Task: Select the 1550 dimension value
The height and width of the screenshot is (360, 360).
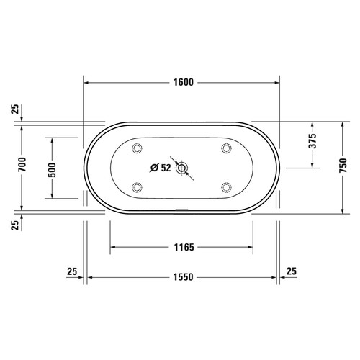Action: click(x=181, y=277)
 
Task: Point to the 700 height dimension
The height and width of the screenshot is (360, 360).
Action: click(x=22, y=165)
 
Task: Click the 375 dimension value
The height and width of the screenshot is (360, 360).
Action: click(x=312, y=142)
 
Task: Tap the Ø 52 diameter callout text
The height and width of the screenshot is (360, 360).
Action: click(x=160, y=168)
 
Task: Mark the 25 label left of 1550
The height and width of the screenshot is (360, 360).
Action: click(x=71, y=271)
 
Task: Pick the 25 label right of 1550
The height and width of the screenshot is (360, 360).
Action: click(x=291, y=271)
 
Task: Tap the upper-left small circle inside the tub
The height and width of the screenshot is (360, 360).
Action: click(x=137, y=149)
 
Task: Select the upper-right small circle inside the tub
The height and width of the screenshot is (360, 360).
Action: click(x=227, y=149)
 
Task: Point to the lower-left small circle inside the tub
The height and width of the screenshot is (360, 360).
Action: click(x=137, y=189)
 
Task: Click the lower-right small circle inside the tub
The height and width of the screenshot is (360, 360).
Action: click(x=227, y=189)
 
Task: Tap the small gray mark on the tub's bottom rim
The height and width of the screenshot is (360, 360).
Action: click(x=181, y=212)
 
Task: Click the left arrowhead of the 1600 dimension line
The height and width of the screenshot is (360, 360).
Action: click(x=87, y=83)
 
